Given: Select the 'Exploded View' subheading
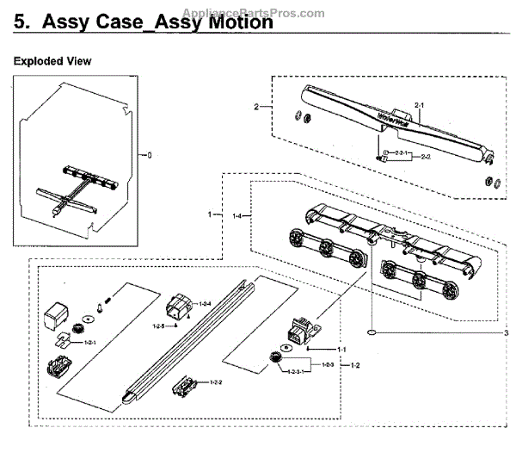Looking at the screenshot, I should pos(52,62).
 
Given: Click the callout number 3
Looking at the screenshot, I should pos(507,333).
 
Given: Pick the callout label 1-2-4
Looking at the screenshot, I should pos(205,304).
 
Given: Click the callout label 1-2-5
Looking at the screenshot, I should pos(157,326).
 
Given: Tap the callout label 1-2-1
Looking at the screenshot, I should pos(90,342).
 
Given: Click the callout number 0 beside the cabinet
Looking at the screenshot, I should pos(148,155).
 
